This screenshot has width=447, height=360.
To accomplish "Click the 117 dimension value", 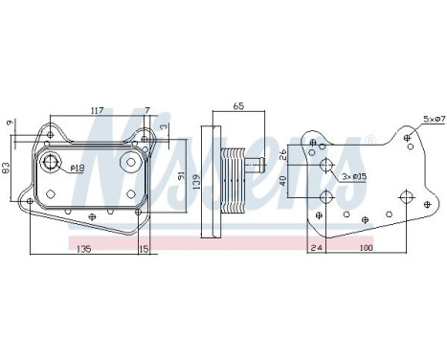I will pos(96,111).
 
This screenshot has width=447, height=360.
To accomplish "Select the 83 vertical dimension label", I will pos(8,169).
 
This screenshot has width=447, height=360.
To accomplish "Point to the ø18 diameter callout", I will pos(77,169).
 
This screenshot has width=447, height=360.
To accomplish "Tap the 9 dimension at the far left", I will pos(8,122).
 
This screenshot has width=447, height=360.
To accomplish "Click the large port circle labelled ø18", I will pos(54,163).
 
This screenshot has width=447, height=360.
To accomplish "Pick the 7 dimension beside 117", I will pos(146,111).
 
